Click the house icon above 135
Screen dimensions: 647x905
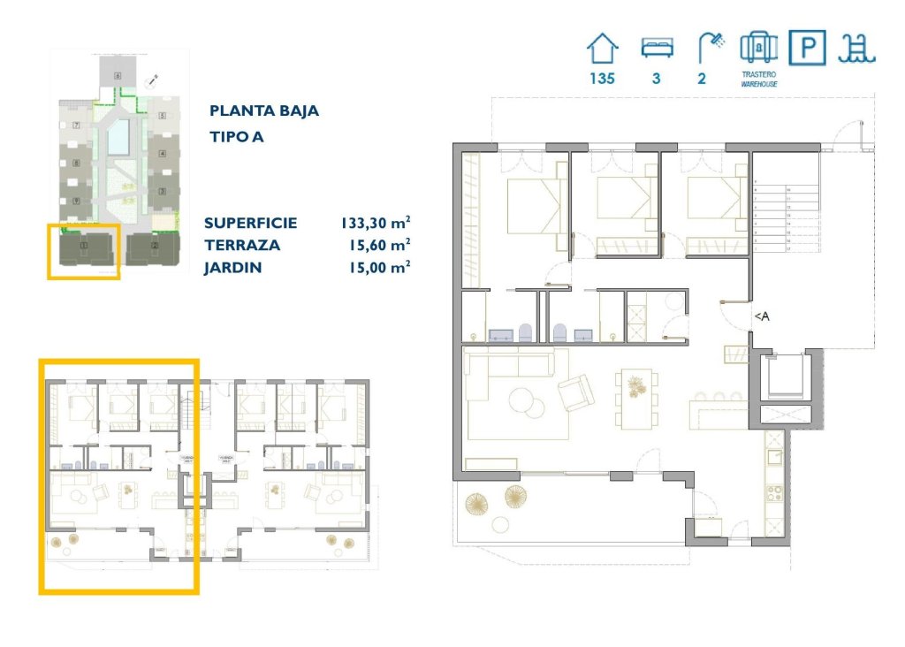tap(603, 48)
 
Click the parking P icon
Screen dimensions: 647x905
tap(807, 48)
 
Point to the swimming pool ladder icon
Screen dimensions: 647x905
tap(856, 48)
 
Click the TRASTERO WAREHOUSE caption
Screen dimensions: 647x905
tap(759, 80)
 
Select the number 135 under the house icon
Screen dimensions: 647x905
tap(603, 78)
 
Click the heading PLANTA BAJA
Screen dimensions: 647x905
tap(264, 111)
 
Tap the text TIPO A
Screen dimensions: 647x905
tap(237, 137)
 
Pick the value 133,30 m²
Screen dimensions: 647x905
tap(376, 224)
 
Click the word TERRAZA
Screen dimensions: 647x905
tap(242, 246)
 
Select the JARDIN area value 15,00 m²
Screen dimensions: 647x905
tap(377, 267)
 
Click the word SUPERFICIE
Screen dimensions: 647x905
tap(250, 224)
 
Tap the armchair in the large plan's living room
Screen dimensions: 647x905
tap(574, 392)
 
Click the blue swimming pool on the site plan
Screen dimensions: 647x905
tap(118, 138)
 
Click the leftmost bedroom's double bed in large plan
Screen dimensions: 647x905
tap(536, 206)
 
